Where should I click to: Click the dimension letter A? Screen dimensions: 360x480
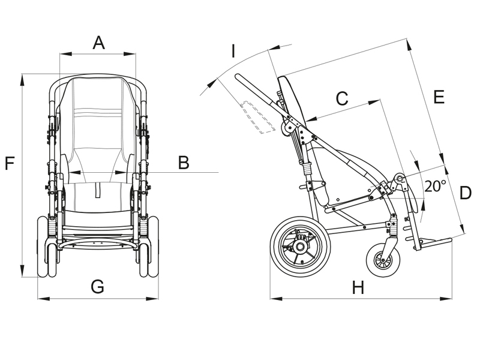pyautogui.click(x=99, y=43)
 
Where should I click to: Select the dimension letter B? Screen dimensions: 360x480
pyautogui.click(x=184, y=162)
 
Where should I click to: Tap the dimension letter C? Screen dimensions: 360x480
pyautogui.click(x=341, y=98)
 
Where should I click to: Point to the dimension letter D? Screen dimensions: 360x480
pyautogui.click(x=465, y=193)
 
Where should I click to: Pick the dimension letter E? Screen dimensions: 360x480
pyautogui.click(x=439, y=97)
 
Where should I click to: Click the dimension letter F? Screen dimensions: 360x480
pyautogui.click(x=10, y=163)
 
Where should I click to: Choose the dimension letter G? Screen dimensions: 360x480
pyautogui.click(x=97, y=287)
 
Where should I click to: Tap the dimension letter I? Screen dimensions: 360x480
pyautogui.click(x=233, y=50)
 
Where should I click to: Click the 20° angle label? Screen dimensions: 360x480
pyautogui.click(x=435, y=185)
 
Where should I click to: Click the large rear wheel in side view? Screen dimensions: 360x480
pyautogui.click(x=300, y=247)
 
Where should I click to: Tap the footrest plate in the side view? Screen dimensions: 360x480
pyautogui.click(x=435, y=242)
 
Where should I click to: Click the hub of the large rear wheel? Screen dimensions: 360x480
pyautogui.click(x=300, y=247)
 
